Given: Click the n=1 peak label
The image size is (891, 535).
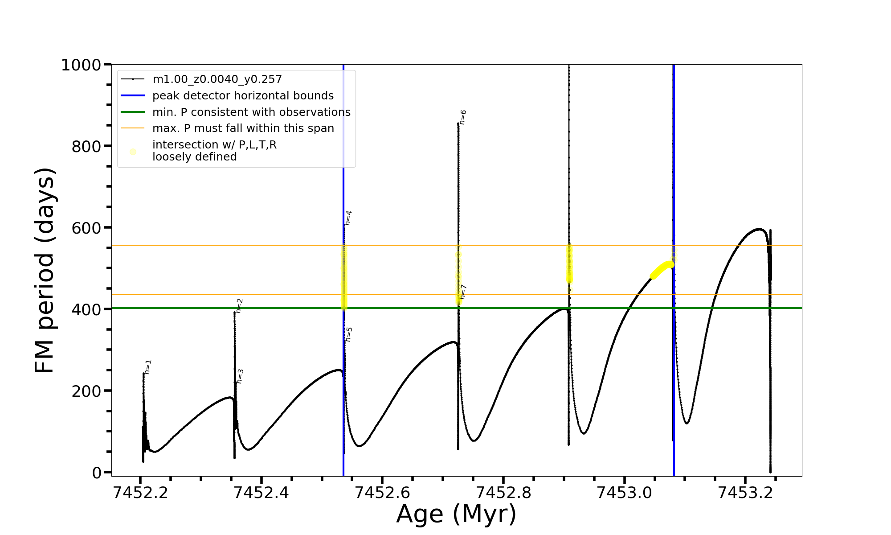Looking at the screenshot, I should tap(148, 367).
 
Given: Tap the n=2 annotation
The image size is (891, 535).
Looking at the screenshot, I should tap(239, 306).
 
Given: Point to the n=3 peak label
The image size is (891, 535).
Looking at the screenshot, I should tap(240, 376).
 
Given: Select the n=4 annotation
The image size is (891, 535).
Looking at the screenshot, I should tap(348, 218).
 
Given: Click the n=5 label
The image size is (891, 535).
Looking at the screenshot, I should tap(349, 334).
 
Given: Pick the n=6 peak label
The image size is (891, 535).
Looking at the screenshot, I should tap(463, 117).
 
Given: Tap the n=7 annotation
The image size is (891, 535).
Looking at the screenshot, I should tap(463, 292).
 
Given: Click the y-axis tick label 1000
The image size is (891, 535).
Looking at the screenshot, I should tap(81, 65).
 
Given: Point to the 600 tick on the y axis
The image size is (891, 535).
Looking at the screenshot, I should tap(86, 228).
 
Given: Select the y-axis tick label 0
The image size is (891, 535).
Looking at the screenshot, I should tap(97, 473).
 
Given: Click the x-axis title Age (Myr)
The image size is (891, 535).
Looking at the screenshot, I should tap(456, 514).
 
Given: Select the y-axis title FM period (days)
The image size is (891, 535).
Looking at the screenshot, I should tap(45, 270).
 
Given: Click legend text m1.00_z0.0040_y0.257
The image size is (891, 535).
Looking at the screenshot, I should tap(217, 79).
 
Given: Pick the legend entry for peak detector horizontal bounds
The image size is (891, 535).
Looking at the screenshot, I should tap(243, 96).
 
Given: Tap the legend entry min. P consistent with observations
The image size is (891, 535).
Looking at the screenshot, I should tap(251, 112).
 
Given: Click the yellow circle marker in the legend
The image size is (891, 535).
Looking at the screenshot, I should tap(133, 152).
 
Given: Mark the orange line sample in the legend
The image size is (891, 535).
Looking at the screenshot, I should tap(133, 128).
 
